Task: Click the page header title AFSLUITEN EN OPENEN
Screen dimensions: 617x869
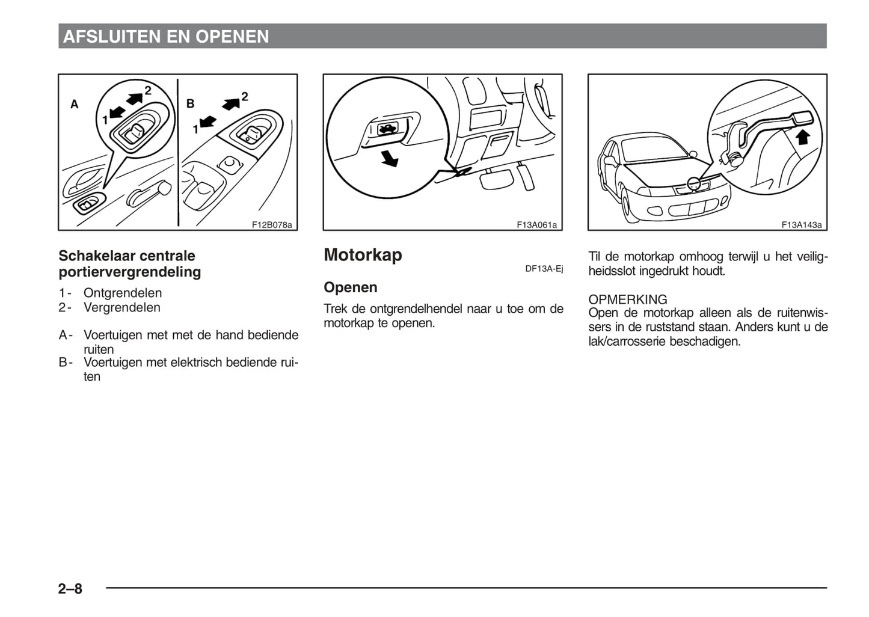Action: pyautogui.click(x=166, y=37)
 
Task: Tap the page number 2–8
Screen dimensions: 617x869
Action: pyautogui.click(x=70, y=588)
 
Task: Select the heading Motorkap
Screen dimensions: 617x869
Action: pyautogui.click(x=363, y=255)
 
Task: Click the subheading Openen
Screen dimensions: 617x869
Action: pyautogui.click(x=351, y=287)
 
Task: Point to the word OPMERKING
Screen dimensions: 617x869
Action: pyautogui.click(x=628, y=299)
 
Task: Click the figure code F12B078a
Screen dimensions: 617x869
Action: pyautogui.click(x=272, y=225)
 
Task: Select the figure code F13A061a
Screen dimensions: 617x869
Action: pyautogui.click(x=536, y=225)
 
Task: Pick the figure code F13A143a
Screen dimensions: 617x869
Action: pyautogui.click(x=802, y=225)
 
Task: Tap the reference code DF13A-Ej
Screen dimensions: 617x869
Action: pyautogui.click(x=544, y=268)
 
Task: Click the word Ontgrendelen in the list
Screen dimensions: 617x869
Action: pyautogui.click(x=123, y=293)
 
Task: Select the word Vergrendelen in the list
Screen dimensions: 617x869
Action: pyautogui.click(x=122, y=307)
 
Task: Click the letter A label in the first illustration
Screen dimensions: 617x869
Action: pyautogui.click(x=75, y=105)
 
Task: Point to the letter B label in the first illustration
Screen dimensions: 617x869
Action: pyautogui.click(x=191, y=103)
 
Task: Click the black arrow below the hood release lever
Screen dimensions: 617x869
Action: pyautogui.click(x=390, y=158)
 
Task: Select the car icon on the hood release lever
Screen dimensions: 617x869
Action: pyautogui.click(x=385, y=128)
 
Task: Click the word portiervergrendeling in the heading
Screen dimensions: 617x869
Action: pyautogui.click(x=130, y=272)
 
